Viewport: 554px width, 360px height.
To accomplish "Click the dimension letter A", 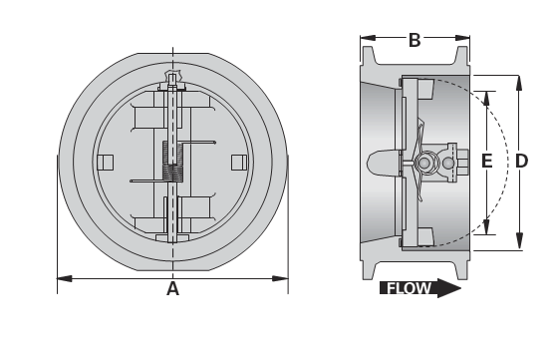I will click(x=172, y=289).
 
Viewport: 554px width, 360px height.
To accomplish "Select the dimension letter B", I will click(x=414, y=41).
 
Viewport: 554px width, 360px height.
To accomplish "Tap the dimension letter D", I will click(x=521, y=161).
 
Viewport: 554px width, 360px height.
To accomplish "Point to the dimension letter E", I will click(x=486, y=161).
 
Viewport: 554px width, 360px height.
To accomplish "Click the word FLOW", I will click(x=409, y=290).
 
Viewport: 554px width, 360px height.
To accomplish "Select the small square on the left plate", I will click(x=107, y=162).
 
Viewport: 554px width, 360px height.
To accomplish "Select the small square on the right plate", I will click(x=237, y=162).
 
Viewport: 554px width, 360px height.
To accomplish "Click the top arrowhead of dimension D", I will click(x=520, y=78).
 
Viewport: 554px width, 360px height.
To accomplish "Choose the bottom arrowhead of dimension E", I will click(x=486, y=226).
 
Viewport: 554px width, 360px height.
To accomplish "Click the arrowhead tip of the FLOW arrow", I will click(x=460, y=289).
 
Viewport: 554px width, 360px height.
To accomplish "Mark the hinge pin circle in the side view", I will click(x=425, y=163).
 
